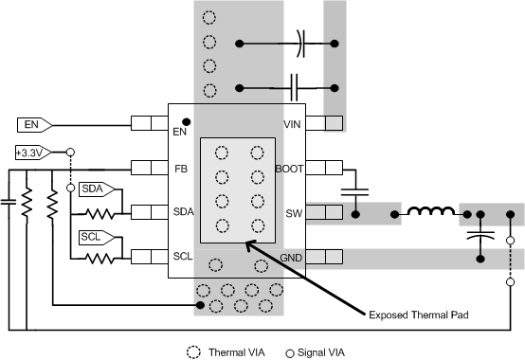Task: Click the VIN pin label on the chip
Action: [292, 124]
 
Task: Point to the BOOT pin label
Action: [288, 169]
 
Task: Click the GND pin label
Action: [290, 258]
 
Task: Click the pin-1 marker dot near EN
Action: [187, 120]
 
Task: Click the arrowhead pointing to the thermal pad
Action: [248, 244]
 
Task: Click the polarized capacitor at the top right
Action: [299, 43]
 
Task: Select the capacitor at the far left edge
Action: [9, 200]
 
